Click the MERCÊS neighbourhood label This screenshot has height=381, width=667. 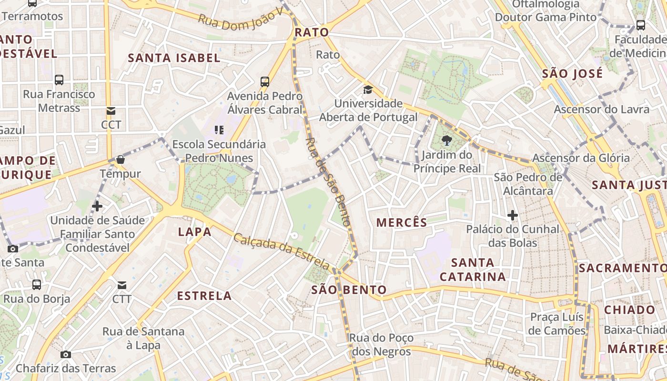tap(402, 222)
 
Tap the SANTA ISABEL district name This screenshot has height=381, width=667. tap(174, 58)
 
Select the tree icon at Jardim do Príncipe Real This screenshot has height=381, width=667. tap(446, 140)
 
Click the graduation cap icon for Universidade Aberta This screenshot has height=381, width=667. tap(368, 90)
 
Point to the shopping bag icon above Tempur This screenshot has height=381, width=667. tap(121, 160)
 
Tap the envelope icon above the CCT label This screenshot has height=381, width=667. tap(111, 111)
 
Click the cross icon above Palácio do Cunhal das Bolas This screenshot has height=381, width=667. tap(513, 215)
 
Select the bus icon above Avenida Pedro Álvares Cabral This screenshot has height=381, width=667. tap(265, 82)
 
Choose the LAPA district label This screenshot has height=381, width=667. tap(194, 232)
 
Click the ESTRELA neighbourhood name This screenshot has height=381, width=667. tap(204, 296)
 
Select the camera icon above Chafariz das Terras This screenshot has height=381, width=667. tap(66, 354)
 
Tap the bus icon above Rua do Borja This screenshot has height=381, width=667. tap(37, 285)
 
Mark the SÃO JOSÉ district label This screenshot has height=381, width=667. tap(572, 74)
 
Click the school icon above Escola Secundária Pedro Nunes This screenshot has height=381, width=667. tap(219, 130)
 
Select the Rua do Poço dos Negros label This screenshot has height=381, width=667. tap(381, 345)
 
